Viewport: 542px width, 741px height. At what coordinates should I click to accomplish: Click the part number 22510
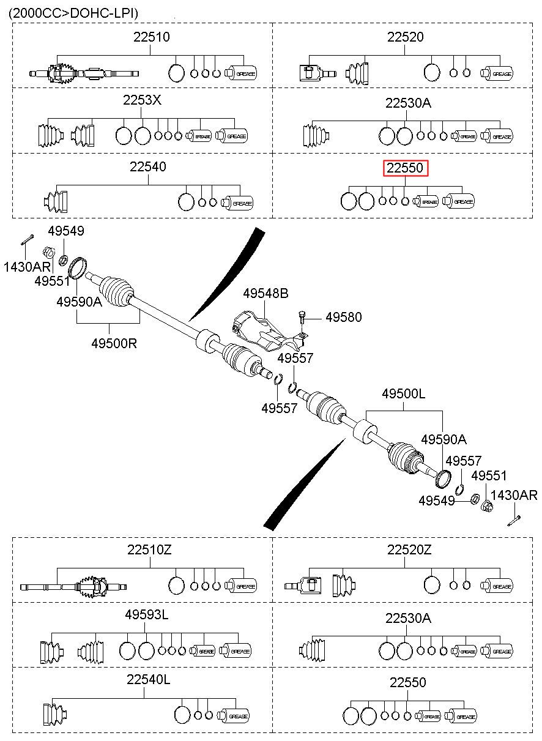(152, 37)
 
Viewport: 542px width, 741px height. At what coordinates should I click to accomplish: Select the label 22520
(405, 37)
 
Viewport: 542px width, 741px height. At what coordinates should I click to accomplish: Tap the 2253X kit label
(142, 100)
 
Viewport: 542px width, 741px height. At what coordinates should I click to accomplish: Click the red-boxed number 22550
(406, 168)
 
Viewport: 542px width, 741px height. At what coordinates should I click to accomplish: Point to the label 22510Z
(149, 551)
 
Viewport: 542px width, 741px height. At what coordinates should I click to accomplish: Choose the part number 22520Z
(409, 551)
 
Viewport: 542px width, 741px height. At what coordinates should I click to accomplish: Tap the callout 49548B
(265, 293)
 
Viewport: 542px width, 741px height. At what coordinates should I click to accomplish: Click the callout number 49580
(344, 317)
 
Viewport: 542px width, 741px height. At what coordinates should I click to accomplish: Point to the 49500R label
(114, 343)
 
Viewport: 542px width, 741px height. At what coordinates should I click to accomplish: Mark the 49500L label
(403, 393)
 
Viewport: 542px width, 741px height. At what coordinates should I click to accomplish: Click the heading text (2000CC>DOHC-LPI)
(73, 13)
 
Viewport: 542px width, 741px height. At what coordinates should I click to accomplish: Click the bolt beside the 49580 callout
(302, 318)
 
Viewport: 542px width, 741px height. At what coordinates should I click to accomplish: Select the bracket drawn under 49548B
(270, 330)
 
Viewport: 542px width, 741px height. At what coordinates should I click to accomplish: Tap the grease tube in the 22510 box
(241, 73)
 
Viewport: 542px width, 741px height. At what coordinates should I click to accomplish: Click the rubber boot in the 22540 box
(56, 202)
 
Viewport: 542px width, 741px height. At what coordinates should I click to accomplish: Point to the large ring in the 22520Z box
(431, 585)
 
